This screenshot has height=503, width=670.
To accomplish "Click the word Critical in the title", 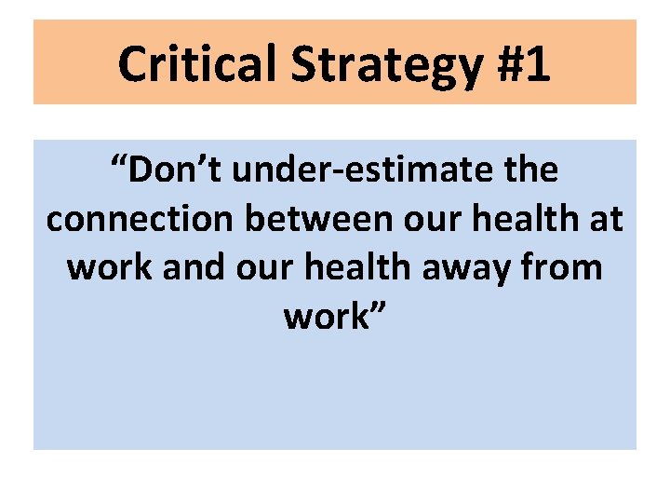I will (196, 63).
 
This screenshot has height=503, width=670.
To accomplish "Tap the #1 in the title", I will (521, 63).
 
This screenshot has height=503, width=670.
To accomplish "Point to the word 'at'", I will (606, 219).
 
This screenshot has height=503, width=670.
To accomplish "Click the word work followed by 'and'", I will (112, 267).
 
